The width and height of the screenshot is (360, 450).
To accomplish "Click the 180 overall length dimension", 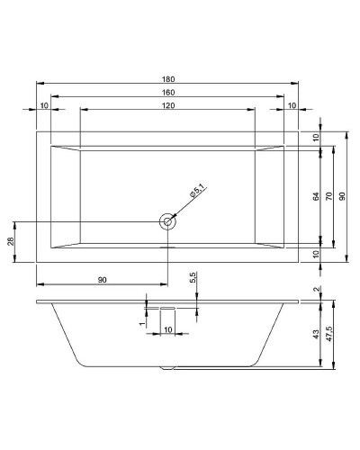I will click(168, 79).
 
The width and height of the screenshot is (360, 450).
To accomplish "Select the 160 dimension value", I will click(168, 92).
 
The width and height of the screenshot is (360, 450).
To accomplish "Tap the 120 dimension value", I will click(168, 105).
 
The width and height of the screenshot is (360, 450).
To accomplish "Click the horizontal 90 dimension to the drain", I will click(102, 281).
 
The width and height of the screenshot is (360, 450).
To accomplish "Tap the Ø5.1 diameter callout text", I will click(197, 193).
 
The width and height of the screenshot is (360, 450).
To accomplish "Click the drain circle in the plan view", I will click(166, 220).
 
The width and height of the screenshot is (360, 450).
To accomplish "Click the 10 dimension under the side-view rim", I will click(167, 330).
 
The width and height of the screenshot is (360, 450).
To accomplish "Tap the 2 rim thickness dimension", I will click(316, 289).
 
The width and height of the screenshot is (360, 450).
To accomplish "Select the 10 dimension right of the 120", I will click(291, 105).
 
